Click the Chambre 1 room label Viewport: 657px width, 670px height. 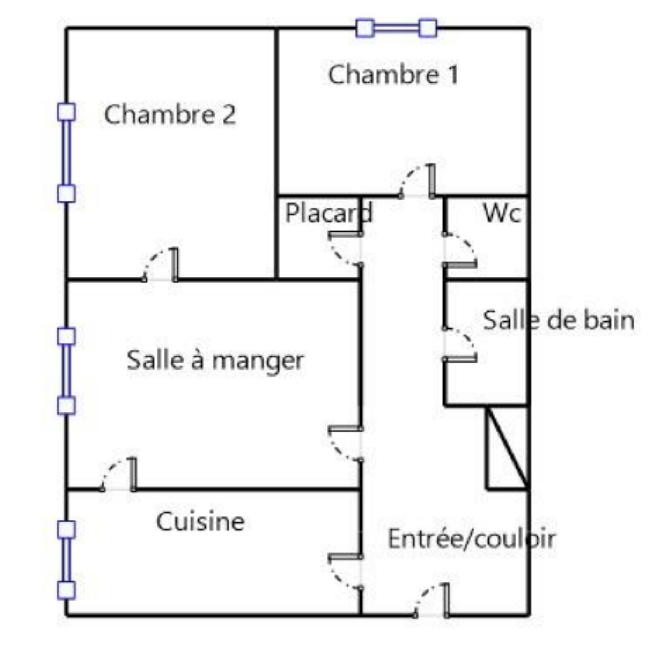393,75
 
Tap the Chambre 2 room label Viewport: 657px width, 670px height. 170,114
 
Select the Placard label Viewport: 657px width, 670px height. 328,213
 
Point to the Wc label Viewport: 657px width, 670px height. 502,213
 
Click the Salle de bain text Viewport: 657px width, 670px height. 558,320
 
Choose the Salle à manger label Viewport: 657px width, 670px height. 215,360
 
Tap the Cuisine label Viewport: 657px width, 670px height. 200,521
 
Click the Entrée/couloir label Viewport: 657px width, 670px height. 471,539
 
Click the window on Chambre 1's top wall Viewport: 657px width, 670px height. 396,28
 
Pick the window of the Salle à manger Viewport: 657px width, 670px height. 66,371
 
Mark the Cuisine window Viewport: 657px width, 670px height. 66,560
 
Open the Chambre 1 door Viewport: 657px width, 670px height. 416,183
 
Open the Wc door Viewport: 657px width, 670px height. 460,250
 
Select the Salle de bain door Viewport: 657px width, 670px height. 460,344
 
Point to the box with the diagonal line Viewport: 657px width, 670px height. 507,448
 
